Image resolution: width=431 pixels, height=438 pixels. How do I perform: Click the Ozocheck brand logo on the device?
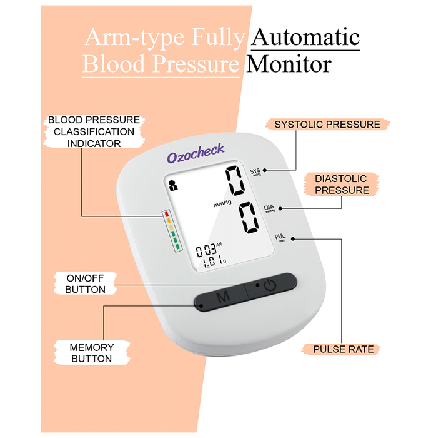[195, 151]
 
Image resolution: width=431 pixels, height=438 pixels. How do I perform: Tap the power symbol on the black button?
[269, 286]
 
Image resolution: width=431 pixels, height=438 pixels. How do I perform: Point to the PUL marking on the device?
[280, 237]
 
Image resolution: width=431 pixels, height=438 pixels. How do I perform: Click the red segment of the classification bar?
[167, 213]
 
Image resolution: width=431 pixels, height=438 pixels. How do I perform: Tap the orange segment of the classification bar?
[167, 220]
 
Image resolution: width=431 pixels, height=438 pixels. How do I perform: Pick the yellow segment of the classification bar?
[168, 227]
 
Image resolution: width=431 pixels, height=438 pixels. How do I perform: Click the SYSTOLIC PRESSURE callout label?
[327, 125]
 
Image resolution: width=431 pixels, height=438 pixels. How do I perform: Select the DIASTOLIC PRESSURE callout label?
[342, 185]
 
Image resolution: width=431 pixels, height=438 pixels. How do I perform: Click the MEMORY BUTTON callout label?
[91, 353]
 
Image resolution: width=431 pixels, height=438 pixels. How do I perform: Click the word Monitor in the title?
[288, 64]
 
